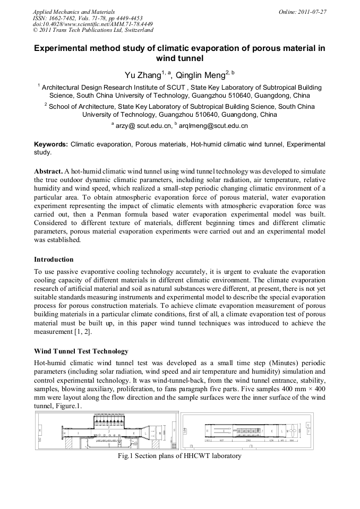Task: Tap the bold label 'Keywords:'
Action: pyautogui.click(x=51, y=144)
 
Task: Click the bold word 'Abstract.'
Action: pyautogui.click(x=48, y=172)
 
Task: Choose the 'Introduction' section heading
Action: pyautogui.click(x=54, y=260)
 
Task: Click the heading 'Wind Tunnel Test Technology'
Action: pyautogui.click(x=81, y=351)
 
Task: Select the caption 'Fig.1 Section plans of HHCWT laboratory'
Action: pyautogui.click(x=179, y=455)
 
